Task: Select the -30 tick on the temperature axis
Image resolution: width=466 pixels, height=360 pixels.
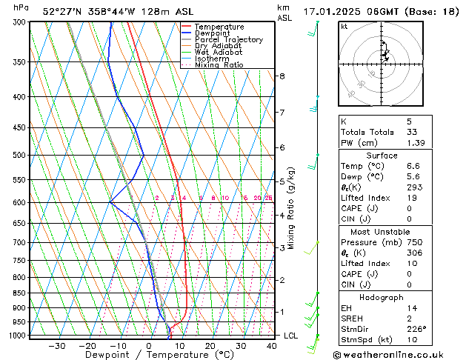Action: [56, 346]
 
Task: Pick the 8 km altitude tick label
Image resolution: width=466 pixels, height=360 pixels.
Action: [282, 76]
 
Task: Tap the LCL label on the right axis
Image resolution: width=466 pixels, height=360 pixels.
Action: [292, 336]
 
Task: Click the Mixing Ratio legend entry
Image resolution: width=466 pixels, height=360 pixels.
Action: [219, 65]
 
